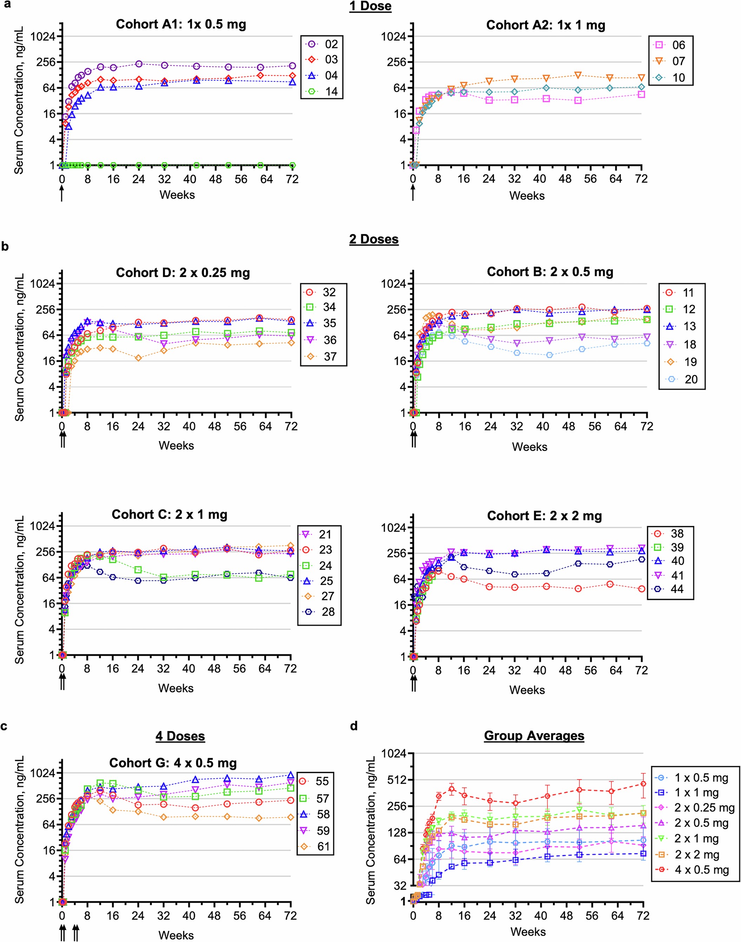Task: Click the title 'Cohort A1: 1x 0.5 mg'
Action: [x=181, y=24]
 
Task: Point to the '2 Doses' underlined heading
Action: [x=374, y=239]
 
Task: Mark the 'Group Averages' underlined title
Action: [x=534, y=736]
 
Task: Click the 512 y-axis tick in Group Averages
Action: [x=395, y=780]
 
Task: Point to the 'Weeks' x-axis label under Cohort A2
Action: [x=527, y=196]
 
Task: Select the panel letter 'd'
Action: [x=354, y=726]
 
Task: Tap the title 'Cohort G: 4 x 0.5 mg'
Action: [x=173, y=763]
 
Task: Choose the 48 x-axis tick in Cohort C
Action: [x=214, y=669]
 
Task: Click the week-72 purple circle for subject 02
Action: [x=292, y=66]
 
